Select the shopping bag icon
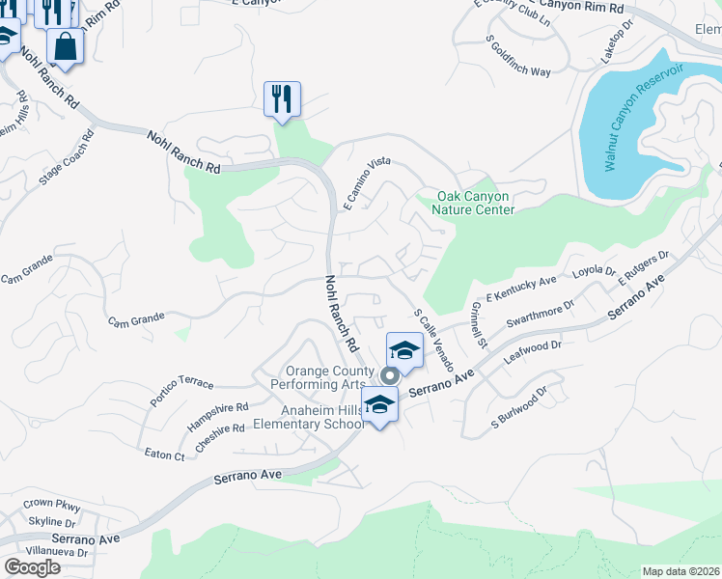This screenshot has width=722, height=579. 65,46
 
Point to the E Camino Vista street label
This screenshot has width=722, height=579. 367,183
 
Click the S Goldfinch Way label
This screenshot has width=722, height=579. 518,56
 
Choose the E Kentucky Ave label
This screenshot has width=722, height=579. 522,287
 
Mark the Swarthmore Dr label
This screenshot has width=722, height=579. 543,315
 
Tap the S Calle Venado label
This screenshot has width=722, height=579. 433,341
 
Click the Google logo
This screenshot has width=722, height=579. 32,567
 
